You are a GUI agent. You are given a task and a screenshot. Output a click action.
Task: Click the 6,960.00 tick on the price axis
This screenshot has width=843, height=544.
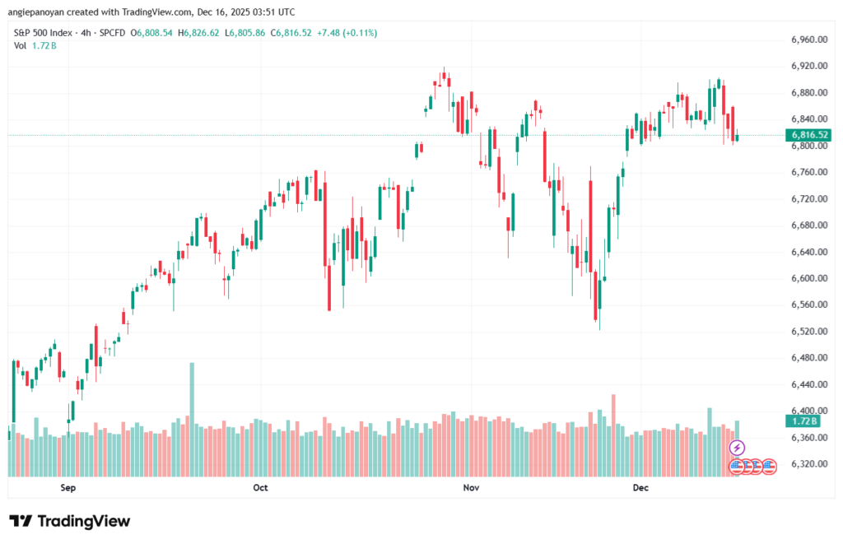[x=808, y=40]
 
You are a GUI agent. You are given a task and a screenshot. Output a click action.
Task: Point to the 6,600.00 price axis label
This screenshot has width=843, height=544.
[x=808, y=279]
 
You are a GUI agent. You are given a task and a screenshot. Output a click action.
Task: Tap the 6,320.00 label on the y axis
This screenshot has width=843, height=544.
[x=808, y=464]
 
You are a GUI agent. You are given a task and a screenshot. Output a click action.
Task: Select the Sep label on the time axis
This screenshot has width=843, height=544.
[x=68, y=488]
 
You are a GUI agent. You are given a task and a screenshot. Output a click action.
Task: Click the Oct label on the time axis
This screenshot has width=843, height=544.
[x=260, y=488]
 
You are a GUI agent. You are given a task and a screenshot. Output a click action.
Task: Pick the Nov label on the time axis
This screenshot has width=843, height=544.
[x=471, y=488]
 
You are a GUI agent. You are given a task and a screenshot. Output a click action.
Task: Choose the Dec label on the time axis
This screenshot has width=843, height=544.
[x=641, y=488]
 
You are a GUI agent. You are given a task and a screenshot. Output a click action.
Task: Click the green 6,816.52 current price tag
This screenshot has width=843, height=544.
[x=808, y=135]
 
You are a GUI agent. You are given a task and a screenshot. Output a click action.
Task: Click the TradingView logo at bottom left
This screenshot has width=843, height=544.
[x=69, y=521]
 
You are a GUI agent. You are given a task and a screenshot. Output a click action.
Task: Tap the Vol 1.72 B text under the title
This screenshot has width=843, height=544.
[x=33, y=45]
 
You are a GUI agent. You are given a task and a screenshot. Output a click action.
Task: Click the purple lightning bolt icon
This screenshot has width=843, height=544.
[x=737, y=448]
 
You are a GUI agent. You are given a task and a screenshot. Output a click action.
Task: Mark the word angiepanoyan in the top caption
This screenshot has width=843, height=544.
[x=36, y=12]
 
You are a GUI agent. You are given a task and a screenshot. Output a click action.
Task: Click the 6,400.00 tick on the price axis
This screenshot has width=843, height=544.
[x=808, y=411]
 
